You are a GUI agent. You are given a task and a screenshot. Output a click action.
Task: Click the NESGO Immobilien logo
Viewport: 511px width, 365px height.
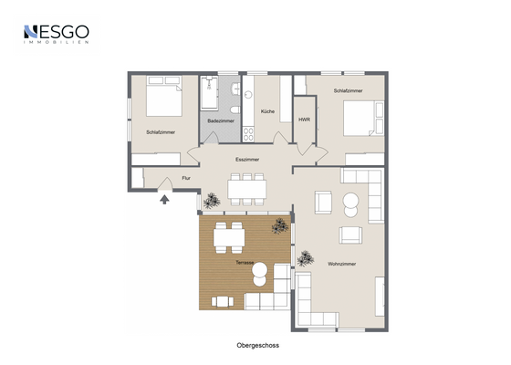(x=57, y=35)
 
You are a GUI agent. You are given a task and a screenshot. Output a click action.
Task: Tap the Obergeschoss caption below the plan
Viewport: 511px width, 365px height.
(x=257, y=346)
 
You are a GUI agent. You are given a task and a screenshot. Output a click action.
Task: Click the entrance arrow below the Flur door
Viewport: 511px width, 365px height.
(x=164, y=199)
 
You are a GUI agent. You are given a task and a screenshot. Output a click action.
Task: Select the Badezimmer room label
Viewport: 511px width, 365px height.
(x=221, y=120)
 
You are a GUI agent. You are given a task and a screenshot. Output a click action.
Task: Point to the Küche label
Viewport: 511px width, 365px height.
(x=267, y=111)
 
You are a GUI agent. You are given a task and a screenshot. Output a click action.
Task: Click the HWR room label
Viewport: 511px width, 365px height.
(x=305, y=120)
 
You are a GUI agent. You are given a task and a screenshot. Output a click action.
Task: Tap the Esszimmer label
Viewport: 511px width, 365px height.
(x=247, y=160)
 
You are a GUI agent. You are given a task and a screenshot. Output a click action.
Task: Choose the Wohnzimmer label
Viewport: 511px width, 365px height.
(x=342, y=264)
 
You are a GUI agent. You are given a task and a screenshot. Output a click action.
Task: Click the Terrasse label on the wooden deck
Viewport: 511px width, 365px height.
(x=245, y=263)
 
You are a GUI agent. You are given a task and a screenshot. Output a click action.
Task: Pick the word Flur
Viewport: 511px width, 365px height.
(x=186, y=178)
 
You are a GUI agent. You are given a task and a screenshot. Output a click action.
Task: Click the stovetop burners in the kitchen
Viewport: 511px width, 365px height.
(x=248, y=134)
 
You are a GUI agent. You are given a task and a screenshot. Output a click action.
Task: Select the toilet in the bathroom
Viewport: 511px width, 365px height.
(x=235, y=109)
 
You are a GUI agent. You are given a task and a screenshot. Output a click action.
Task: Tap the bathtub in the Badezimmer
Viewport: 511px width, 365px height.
(x=209, y=92)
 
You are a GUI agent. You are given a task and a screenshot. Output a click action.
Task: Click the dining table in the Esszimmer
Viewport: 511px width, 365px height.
(x=247, y=190)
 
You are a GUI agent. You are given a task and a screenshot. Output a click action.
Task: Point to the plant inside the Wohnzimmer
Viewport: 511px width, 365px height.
(x=305, y=258)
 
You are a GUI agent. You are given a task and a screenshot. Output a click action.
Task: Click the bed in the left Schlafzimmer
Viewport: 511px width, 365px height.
(x=164, y=96)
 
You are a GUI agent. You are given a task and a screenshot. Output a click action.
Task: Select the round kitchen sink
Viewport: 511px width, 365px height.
(x=248, y=95)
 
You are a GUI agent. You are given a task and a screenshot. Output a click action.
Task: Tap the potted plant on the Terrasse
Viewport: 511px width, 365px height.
(x=280, y=226)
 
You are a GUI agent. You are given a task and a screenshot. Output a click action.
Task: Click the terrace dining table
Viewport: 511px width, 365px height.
(x=229, y=237)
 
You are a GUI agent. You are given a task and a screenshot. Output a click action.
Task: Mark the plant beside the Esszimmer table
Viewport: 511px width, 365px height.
(x=212, y=201)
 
